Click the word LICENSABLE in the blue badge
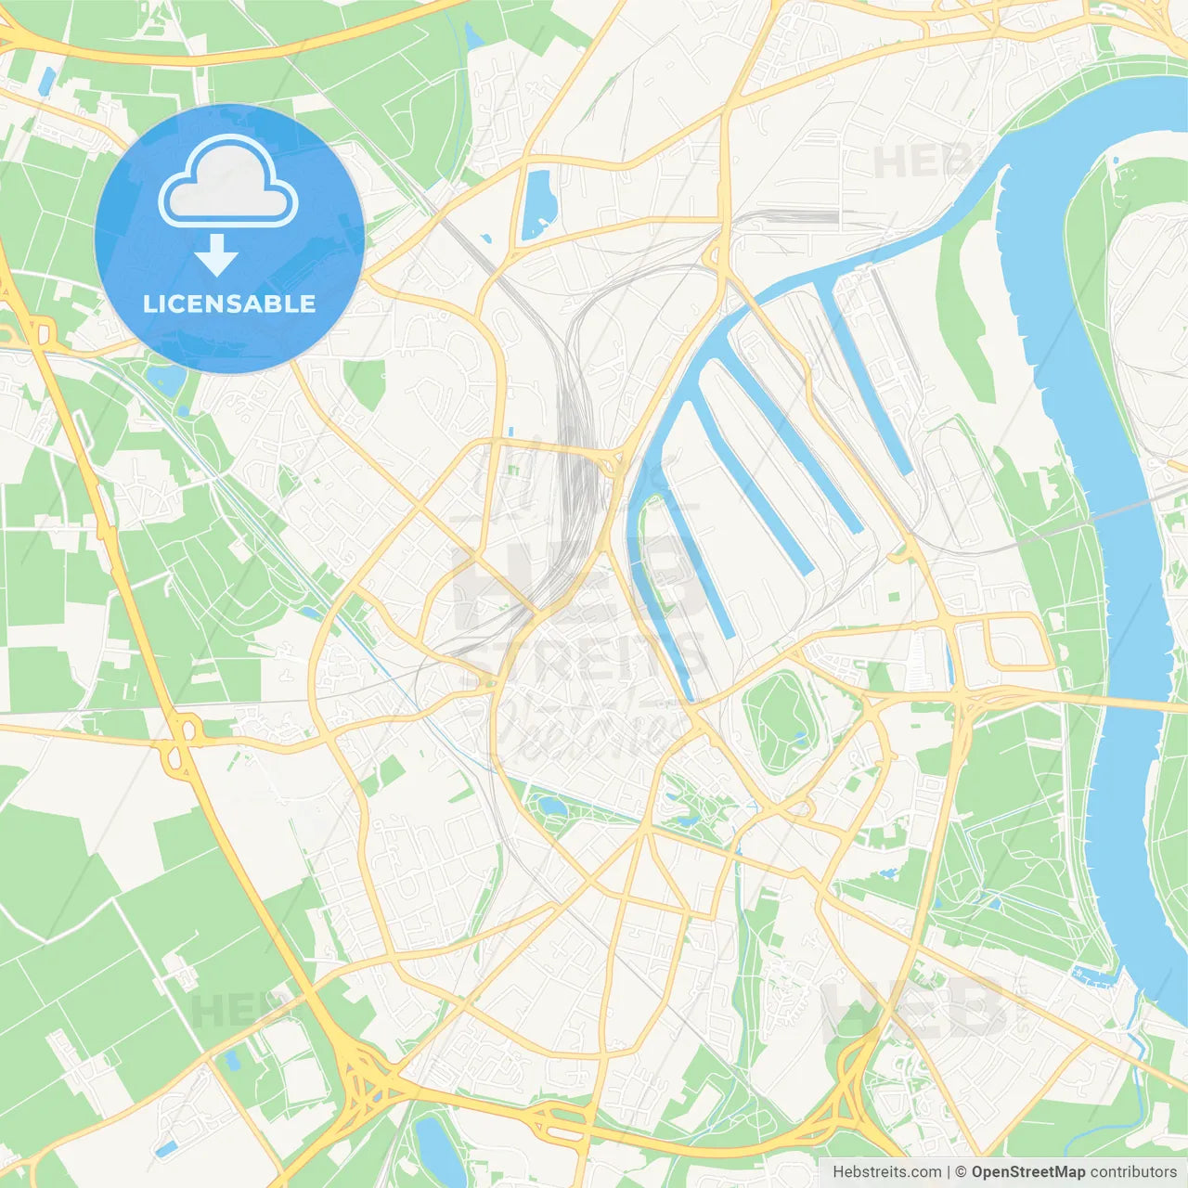[x=229, y=303]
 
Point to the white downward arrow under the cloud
[x=216, y=255]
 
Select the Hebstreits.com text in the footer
[x=886, y=1172]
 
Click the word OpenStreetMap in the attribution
[x=1027, y=1172]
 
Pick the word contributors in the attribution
[x=1133, y=1172]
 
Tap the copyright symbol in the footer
[x=961, y=1172]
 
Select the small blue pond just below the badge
[x=167, y=379]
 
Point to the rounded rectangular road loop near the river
[x=1018, y=641]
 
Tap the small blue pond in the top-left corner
[x=45, y=82]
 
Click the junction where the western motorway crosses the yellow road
[x=181, y=733]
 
